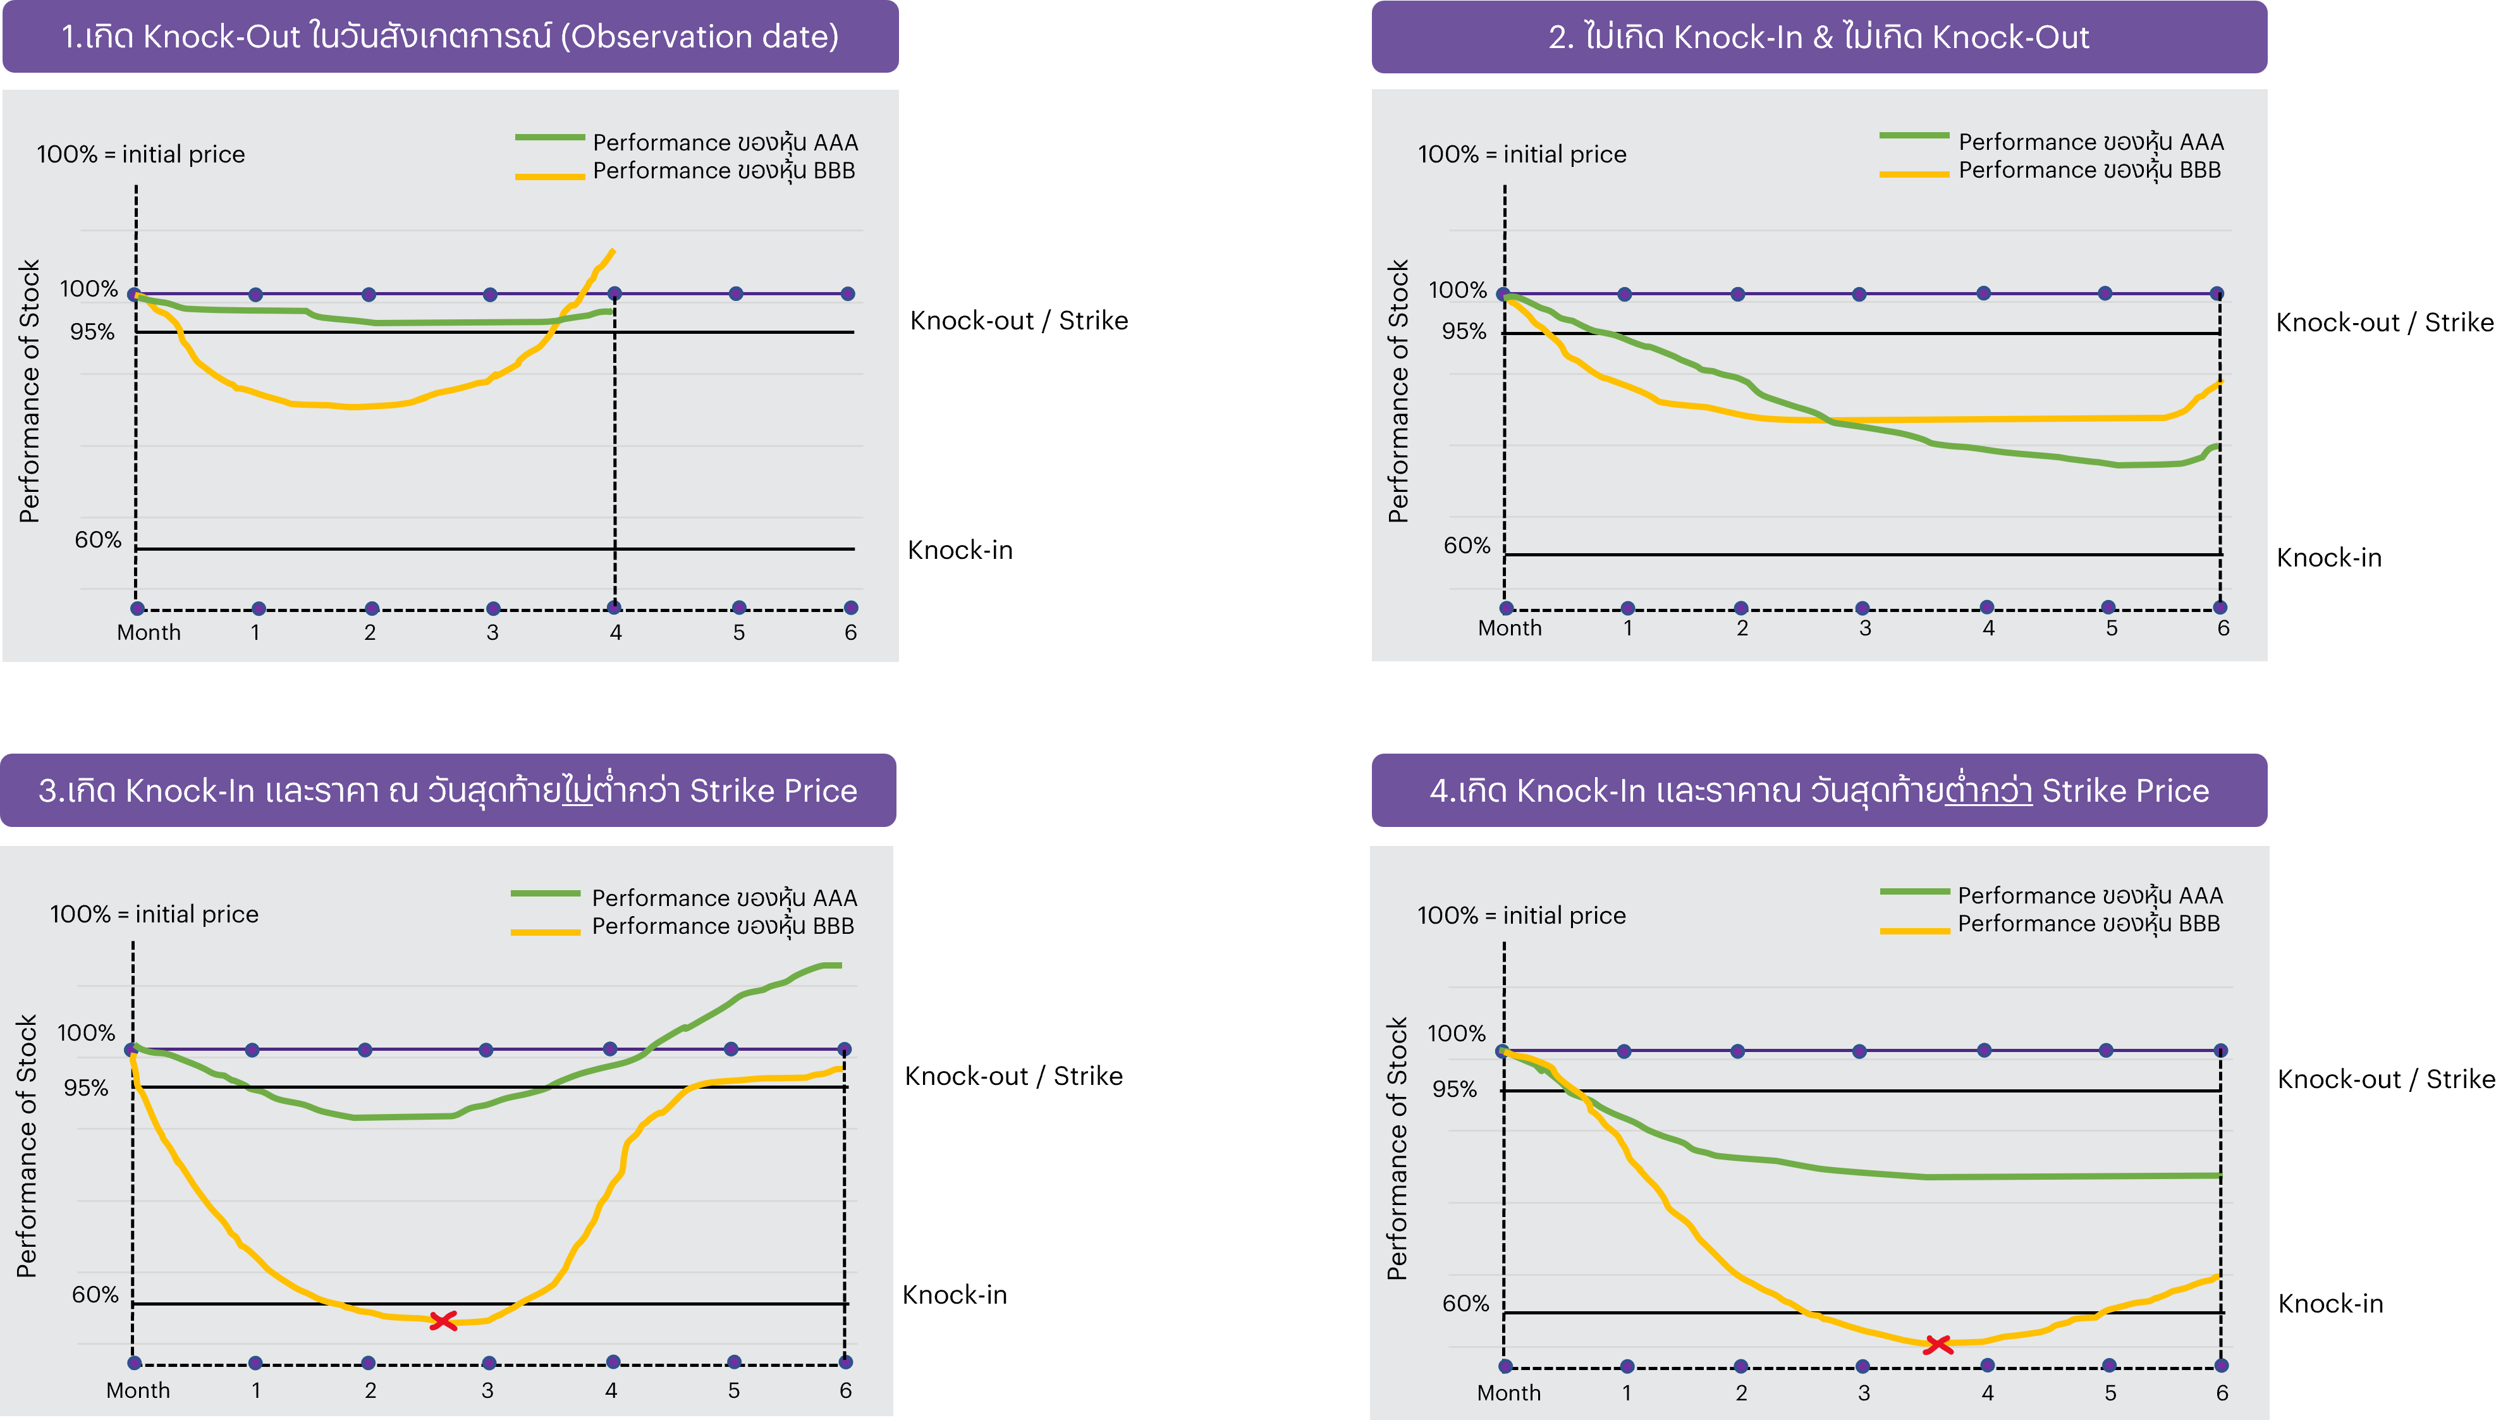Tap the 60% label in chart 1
coord(98,540)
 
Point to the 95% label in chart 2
coord(1464,331)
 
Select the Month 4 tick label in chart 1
coord(615,633)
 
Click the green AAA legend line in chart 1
coord(550,138)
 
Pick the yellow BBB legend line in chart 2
coord(1914,174)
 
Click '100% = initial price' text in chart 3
coord(154,914)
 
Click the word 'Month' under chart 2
coord(1510,628)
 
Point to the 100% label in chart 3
coord(86,1032)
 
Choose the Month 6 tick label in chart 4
coord(2222,1393)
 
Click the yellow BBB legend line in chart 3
coord(546,932)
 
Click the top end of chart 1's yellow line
coord(613,252)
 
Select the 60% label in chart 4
coord(1465,1304)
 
